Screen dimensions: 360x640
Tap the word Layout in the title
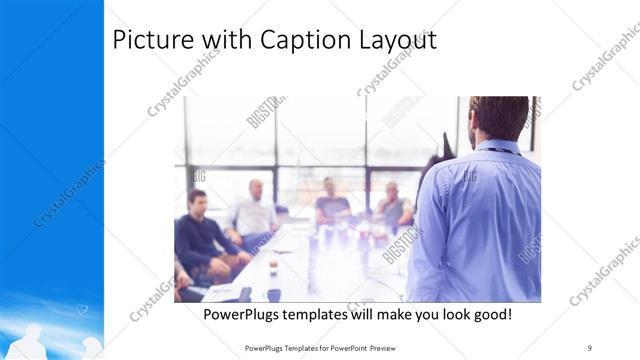pos(397,41)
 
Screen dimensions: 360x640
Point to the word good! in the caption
pos(487,314)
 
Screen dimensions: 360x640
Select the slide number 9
pos(590,346)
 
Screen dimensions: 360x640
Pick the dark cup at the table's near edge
pos(274,294)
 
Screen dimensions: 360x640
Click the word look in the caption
pos(442,314)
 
